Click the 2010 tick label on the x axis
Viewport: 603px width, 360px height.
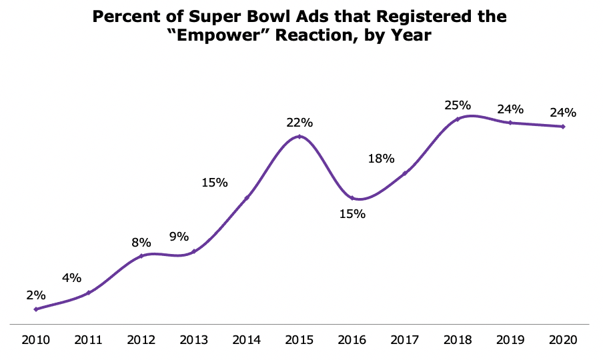(x=35, y=340)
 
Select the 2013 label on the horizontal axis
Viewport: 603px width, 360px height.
(x=193, y=340)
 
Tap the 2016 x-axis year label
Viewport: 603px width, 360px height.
(x=352, y=340)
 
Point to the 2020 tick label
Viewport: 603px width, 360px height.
(x=563, y=340)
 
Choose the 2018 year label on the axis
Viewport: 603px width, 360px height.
(x=458, y=340)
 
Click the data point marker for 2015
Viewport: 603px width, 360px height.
(x=299, y=137)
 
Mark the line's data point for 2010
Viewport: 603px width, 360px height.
(x=36, y=309)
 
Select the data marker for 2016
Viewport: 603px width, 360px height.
(x=352, y=198)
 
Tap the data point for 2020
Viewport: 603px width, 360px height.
(x=564, y=127)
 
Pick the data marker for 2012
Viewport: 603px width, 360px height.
(x=141, y=255)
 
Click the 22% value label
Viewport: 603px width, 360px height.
(x=299, y=123)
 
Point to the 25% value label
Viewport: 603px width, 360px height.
(x=458, y=105)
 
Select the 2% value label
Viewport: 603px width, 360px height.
(x=36, y=295)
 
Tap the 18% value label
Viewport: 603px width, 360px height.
(x=381, y=159)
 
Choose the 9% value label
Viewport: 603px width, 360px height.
(x=179, y=237)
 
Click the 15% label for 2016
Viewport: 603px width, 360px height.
(x=352, y=215)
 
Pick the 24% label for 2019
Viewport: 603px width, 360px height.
(x=510, y=109)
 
